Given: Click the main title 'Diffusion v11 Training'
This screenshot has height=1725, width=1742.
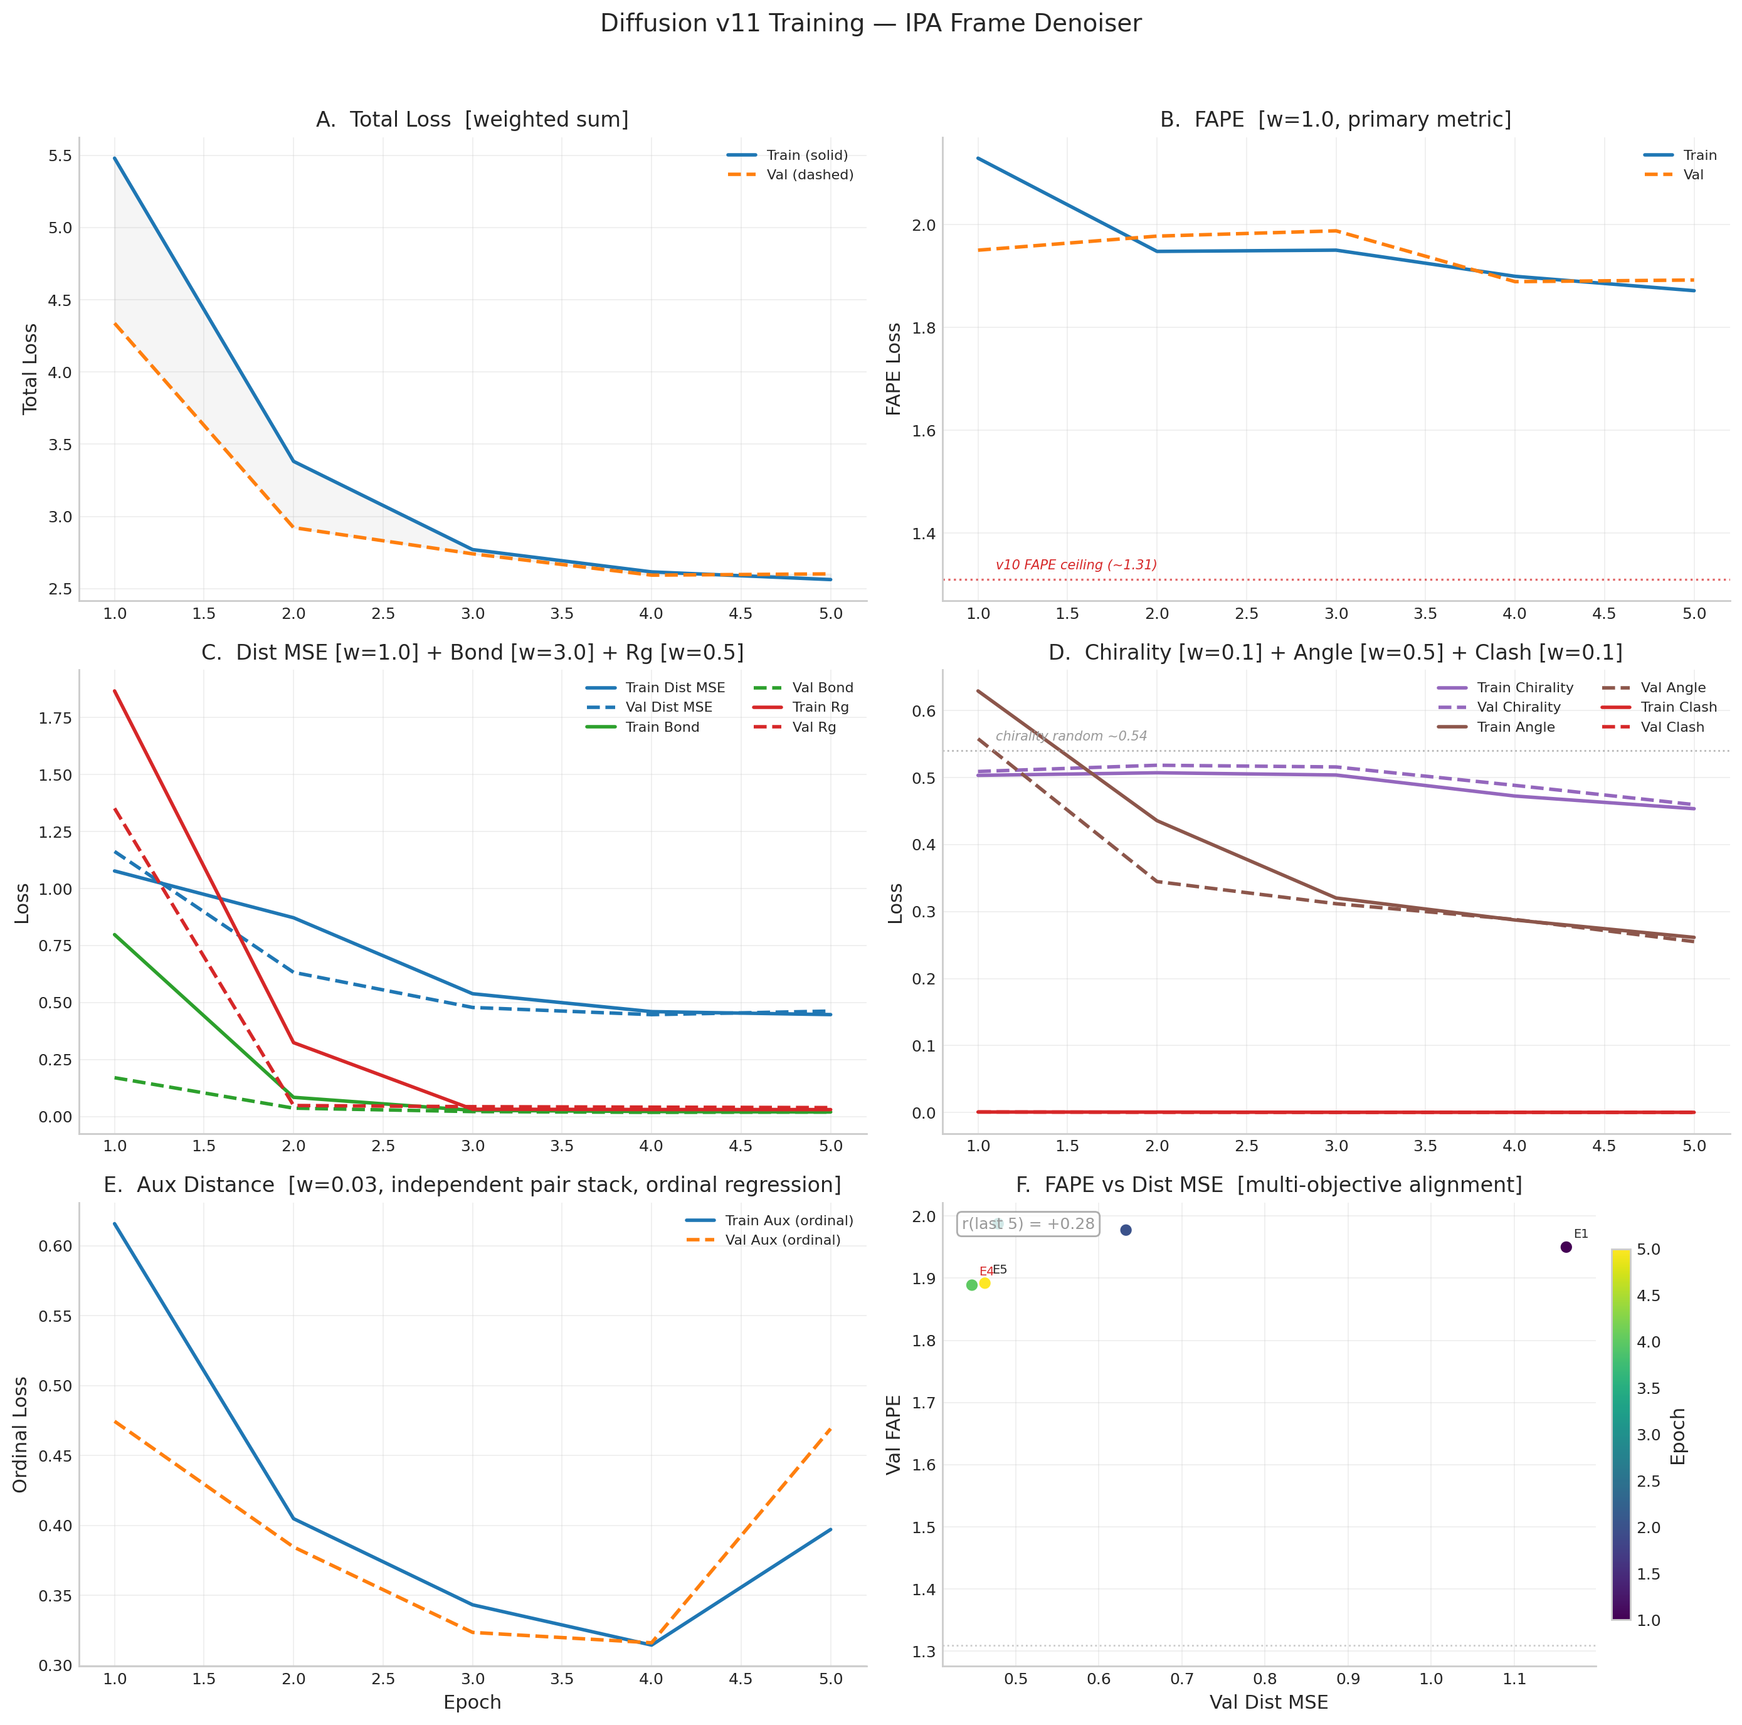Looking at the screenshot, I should click(x=870, y=23).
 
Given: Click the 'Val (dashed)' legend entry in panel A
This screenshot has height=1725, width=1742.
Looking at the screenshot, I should click(x=809, y=175).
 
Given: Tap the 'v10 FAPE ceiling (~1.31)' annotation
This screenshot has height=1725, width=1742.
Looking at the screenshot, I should click(x=1075, y=566).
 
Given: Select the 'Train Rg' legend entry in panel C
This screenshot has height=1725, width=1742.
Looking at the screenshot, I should click(x=820, y=708).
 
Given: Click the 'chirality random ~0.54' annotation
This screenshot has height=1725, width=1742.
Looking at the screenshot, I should click(x=1070, y=737).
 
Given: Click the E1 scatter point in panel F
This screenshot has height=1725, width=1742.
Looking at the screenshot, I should click(x=1565, y=1247).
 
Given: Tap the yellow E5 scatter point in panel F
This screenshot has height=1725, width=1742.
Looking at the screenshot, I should click(x=984, y=1283).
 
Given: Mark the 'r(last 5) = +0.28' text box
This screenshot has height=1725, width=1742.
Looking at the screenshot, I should click(x=1027, y=1225).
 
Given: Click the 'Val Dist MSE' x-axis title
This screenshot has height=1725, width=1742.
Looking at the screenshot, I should click(x=1268, y=1702).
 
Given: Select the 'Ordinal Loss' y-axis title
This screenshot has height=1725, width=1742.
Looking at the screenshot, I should click(x=21, y=1435).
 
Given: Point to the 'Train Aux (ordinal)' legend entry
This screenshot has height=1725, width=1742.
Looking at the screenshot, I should click(x=788, y=1221).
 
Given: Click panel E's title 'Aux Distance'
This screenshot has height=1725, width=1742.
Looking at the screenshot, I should click(x=472, y=1185).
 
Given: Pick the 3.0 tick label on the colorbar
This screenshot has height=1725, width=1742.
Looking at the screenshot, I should click(x=1648, y=1435).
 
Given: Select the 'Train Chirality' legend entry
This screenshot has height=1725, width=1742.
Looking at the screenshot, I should click(x=1524, y=688).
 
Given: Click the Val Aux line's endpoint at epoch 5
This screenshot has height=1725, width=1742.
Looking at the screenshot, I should click(x=830, y=1428).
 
